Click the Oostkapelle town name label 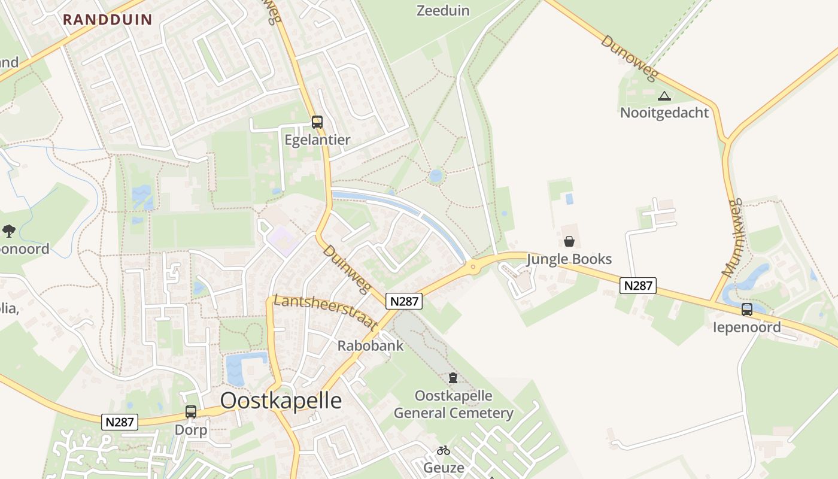281,401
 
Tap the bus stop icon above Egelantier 317,122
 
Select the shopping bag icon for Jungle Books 569,241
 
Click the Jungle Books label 569,259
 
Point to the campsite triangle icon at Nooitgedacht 664,96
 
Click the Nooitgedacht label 664,113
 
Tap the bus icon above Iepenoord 746,310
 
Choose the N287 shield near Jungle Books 638,286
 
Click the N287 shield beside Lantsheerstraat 404,301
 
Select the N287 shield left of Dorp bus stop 120,422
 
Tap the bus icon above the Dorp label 191,412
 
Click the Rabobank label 371,345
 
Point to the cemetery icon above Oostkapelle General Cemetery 453,378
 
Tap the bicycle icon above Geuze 443,450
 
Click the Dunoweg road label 629,58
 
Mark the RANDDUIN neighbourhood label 108,19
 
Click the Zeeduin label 443,10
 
